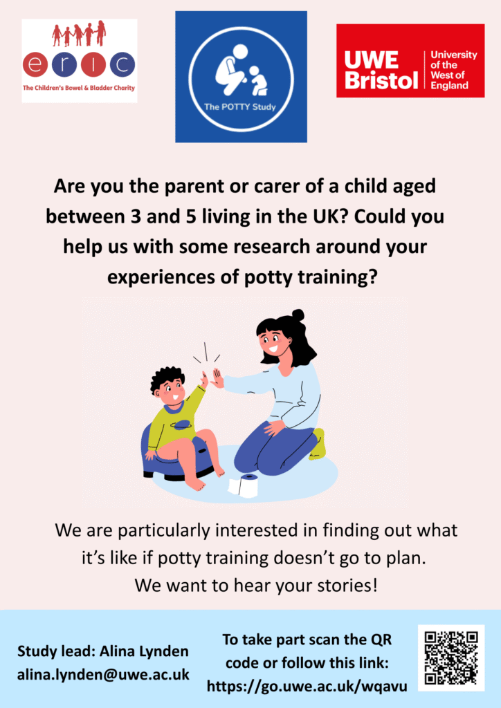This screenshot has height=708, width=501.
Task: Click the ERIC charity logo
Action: tap(80, 61)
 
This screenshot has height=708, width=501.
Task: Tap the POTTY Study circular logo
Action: tap(241, 77)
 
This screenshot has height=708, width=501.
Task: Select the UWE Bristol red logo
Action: tap(410, 61)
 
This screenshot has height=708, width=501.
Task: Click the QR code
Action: tap(451, 658)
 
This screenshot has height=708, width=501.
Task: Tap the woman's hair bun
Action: tap(298, 315)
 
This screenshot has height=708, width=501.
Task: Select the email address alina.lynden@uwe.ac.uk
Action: tap(104, 675)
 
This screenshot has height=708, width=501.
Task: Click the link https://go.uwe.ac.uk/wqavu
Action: tap(307, 687)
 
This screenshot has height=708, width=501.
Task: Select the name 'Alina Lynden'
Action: tap(144, 651)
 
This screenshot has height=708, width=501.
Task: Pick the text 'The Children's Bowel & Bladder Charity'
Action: tap(79, 88)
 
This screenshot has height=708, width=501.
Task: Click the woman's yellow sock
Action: tap(318, 445)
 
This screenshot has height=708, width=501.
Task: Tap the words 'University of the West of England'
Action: tap(453, 70)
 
